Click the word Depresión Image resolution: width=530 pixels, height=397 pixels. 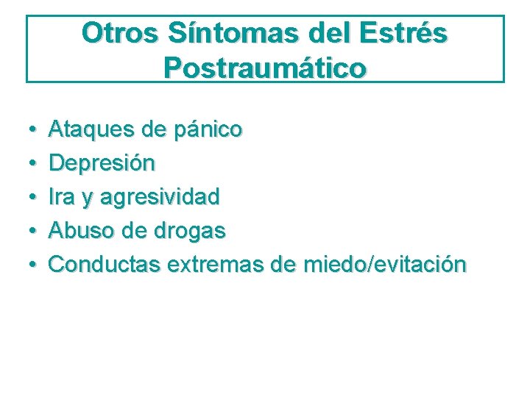(102, 163)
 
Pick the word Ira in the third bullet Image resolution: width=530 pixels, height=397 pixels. (61, 197)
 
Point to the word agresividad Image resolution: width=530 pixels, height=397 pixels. (160, 197)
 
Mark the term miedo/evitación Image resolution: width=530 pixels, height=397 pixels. (382, 264)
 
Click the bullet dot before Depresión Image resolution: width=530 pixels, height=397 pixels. (35, 164)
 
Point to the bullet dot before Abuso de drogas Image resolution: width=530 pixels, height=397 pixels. (35, 232)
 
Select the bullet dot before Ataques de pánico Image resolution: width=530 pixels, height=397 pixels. (35, 131)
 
